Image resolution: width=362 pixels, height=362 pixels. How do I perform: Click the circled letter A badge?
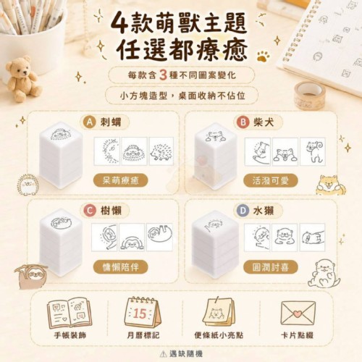coord(89,122)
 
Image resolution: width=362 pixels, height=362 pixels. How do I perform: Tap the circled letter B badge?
coord(243,122)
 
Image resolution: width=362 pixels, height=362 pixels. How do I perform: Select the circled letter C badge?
coord(90,211)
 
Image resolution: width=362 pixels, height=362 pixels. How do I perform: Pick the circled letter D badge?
coord(243,211)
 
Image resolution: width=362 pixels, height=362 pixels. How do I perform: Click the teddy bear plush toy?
coord(22,78)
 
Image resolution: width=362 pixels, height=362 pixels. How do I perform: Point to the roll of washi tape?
coord(308,95)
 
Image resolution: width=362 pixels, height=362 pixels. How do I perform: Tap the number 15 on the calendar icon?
coord(140,313)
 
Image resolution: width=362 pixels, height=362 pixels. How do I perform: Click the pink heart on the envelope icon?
coord(298,313)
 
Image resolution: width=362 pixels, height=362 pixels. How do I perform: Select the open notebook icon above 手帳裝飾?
coord(70,313)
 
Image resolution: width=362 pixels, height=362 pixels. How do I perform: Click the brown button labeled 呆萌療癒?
coord(120,180)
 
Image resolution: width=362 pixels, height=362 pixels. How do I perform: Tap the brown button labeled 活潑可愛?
coord(271,180)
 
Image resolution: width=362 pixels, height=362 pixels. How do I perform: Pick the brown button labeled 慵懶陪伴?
coord(120,267)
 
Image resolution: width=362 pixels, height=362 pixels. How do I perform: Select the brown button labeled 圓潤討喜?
coord(271,267)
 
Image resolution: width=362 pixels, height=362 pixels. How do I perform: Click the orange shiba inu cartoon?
coord(328,185)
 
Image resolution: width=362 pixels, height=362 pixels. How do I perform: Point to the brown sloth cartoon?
coord(31,277)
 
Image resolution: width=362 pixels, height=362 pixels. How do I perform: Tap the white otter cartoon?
coord(324,274)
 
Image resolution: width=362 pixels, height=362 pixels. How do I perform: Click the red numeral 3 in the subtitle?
coord(164,75)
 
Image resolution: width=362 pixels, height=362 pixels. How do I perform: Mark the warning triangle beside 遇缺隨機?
coord(164,354)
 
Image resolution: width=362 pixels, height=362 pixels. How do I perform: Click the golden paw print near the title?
coord(263,56)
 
